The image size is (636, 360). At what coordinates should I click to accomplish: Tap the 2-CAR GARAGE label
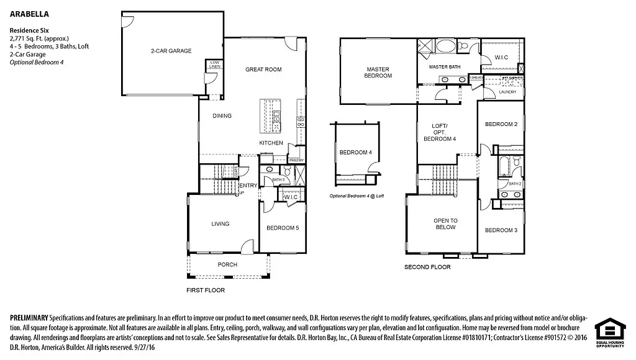pos(170,51)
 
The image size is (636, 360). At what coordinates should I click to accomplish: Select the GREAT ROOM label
pos(263,70)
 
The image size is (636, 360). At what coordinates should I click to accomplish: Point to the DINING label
pos(222,115)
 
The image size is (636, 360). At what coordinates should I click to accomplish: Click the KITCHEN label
pos(271,143)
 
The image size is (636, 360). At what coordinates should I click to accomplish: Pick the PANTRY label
pos(296,160)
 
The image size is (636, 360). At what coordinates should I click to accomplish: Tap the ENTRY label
pos(248,186)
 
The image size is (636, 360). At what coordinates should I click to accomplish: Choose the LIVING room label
pos(220,224)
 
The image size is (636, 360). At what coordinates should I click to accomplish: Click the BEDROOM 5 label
pos(283,228)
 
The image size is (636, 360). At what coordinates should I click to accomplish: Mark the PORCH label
pos(227,264)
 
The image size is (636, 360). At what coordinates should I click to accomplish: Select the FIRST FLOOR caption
pos(206,290)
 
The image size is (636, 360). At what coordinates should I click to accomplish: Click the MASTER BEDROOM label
pos(378,73)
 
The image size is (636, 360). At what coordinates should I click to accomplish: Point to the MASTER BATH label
pos(445,66)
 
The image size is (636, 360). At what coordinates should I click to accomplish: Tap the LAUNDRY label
pos(507,92)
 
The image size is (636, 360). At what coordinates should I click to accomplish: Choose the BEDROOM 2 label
pos(501,124)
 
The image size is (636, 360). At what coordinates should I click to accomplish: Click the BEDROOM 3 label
pos(501,230)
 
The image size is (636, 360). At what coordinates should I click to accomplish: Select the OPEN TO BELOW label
pos(445,224)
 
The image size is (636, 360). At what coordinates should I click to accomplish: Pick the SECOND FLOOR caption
pos(427,267)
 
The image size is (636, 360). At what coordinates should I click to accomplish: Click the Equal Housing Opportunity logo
pos(609,333)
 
